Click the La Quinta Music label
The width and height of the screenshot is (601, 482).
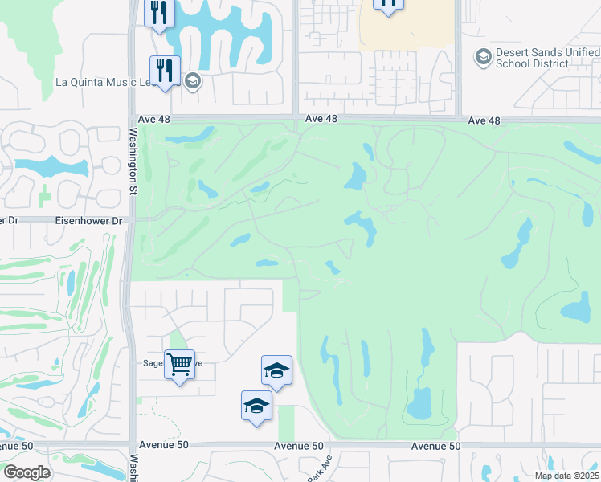pyautogui.click(x=118, y=81)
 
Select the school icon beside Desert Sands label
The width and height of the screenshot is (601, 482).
pyautogui.click(x=484, y=56)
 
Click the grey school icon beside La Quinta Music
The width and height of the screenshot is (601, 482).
pyautogui.click(x=191, y=80)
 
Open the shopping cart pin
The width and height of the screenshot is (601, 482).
pyautogui.click(x=179, y=365)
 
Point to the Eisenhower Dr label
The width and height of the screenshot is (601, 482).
pyautogui.click(x=88, y=220)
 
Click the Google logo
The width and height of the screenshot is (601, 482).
pyautogui.click(x=27, y=472)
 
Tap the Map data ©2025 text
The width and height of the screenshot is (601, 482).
pyautogui.click(x=566, y=476)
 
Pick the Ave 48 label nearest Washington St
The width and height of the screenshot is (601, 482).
pyautogui.click(x=157, y=118)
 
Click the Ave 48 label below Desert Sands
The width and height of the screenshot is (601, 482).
pyautogui.click(x=484, y=120)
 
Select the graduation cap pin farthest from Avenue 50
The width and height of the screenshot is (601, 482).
pyautogui.click(x=276, y=370)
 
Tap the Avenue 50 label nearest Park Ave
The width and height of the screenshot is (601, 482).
pyautogui.click(x=299, y=446)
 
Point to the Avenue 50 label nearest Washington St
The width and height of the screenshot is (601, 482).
pyautogui.click(x=166, y=445)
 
